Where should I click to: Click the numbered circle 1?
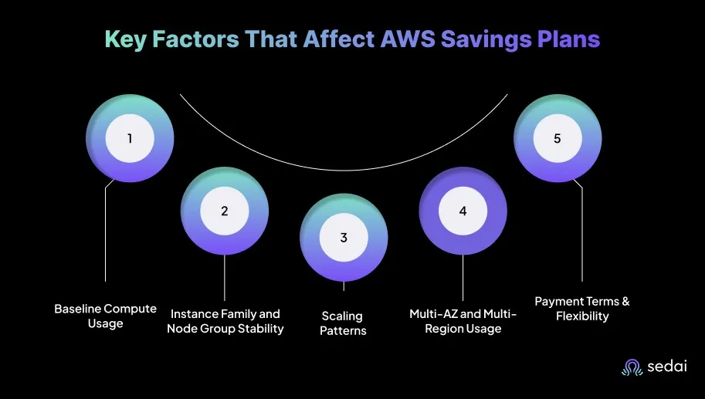click(130, 138)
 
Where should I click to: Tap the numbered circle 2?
click(225, 211)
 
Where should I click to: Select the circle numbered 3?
click(344, 237)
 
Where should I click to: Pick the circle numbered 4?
click(463, 211)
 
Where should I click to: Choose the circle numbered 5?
click(558, 138)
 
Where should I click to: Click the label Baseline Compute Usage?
click(105, 316)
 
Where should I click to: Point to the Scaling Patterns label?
click(343, 323)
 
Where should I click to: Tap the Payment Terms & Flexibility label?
click(582, 309)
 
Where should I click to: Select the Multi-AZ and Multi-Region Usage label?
click(463, 321)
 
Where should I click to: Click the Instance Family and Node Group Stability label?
click(225, 321)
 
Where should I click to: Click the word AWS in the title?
click(408, 39)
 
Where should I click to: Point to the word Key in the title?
click(126, 39)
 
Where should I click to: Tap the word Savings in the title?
click(480, 40)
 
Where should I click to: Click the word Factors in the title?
click(196, 39)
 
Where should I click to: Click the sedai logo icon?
click(632, 367)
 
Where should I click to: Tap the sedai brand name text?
click(667, 366)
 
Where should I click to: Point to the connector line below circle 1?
click(105, 231)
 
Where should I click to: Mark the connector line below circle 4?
click(463, 278)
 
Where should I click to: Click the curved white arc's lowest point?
click(344, 171)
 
